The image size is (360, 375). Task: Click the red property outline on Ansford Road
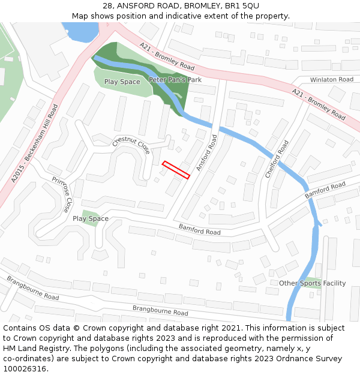tap(176, 170)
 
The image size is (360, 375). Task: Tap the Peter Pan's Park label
tap(175, 80)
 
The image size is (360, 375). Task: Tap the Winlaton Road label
tap(331, 79)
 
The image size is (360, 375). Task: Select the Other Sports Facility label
tap(312, 283)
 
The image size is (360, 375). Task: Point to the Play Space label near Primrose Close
tap(91, 219)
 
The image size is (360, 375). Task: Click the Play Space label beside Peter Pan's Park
tap(122, 82)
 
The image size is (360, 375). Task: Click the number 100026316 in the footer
tap(25, 368)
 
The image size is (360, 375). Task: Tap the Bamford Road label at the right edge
tap(325, 191)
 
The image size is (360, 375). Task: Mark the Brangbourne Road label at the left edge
tap(32, 289)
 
